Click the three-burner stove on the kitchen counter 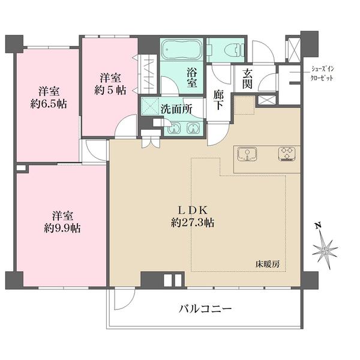[287, 154]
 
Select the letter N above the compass [318, 227]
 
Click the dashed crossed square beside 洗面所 [149, 106]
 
